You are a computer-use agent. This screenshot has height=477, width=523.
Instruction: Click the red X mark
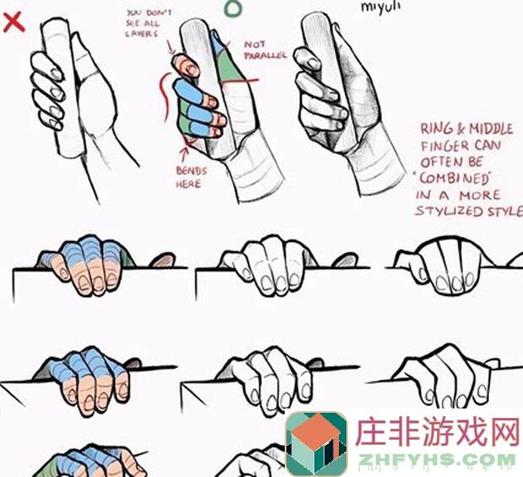coord(14,21)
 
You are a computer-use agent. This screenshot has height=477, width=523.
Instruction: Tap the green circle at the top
coord(234,8)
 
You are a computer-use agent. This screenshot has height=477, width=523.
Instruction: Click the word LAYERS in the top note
coord(141,34)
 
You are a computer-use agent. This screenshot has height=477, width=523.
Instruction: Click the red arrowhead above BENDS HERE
coord(184,152)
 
